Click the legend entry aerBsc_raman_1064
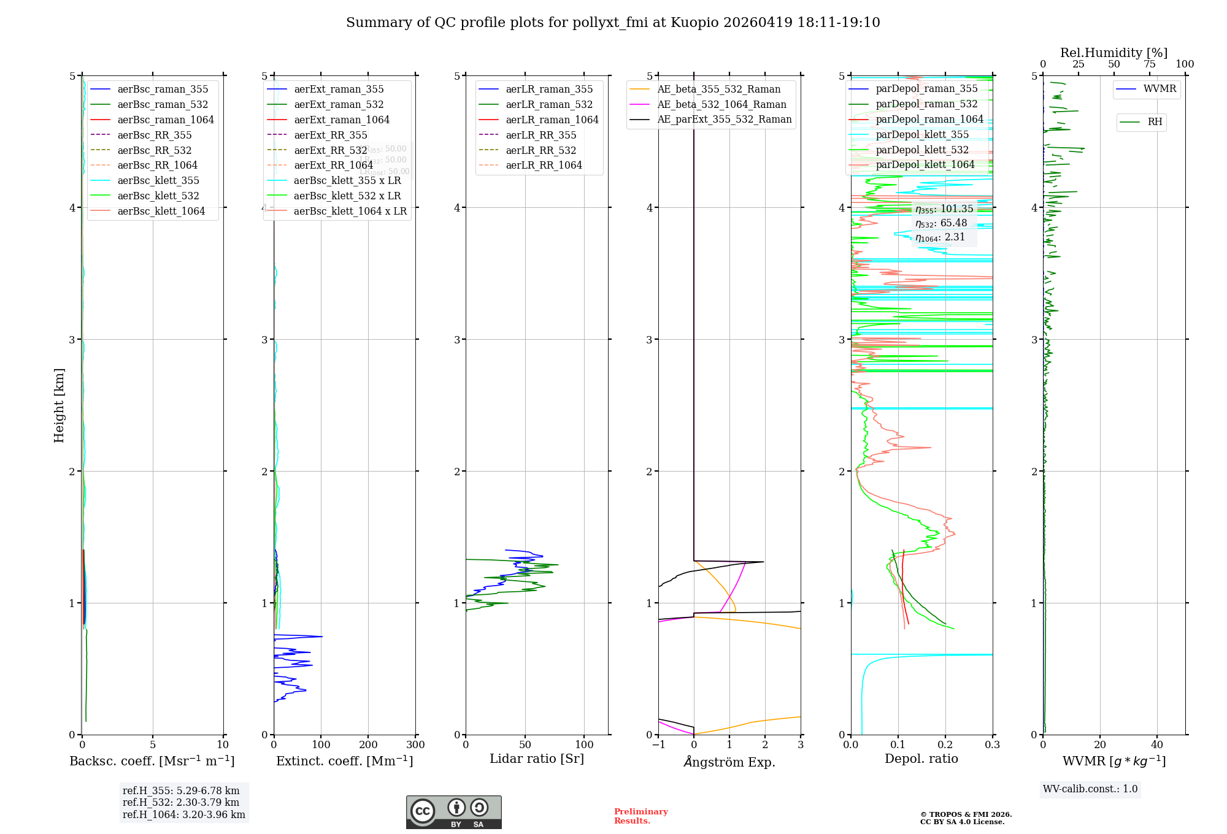pos(166,120)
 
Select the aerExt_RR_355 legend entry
pos(331,135)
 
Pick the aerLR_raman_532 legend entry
pos(549,104)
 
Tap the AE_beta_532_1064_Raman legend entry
pos(721,104)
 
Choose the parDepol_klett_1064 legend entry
pos(925,164)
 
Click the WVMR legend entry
pos(1160,89)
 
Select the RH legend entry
pos(1155,122)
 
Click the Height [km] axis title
pos(59,405)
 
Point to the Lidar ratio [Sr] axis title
pos(537,759)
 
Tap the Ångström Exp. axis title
pos(729,762)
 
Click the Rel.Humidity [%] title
pos(1114,53)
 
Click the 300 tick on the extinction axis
pos(415,745)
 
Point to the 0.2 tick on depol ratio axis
pos(945,745)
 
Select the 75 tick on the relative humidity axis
pos(1149,64)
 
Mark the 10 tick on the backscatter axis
pos(223,745)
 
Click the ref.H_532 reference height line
pos(181,802)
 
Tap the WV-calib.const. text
pos(1090,789)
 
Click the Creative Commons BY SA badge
pos(453,813)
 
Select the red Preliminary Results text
pos(640,816)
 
